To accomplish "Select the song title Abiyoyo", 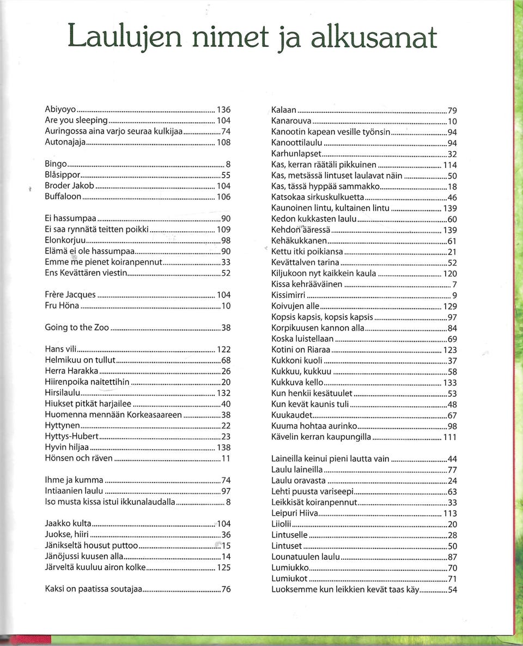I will (x=60, y=110).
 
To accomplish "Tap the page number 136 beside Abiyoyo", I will (x=223, y=110).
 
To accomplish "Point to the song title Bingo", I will (x=56, y=163).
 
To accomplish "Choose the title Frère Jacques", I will (x=70, y=294).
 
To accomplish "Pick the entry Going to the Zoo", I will (x=77, y=327).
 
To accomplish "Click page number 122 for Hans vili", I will (x=223, y=349).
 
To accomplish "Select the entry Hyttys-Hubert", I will (x=71, y=436).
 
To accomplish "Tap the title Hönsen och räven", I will (x=78, y=458).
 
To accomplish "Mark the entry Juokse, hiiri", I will (x=66, y=534).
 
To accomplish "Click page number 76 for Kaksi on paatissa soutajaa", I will (x=226, y=589).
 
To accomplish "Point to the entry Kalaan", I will (x=284, y=110).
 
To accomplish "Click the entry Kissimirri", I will (x=288, y=295).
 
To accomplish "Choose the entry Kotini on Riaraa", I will (x=301, y=349).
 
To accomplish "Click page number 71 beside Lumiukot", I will (x=452, y=578).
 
